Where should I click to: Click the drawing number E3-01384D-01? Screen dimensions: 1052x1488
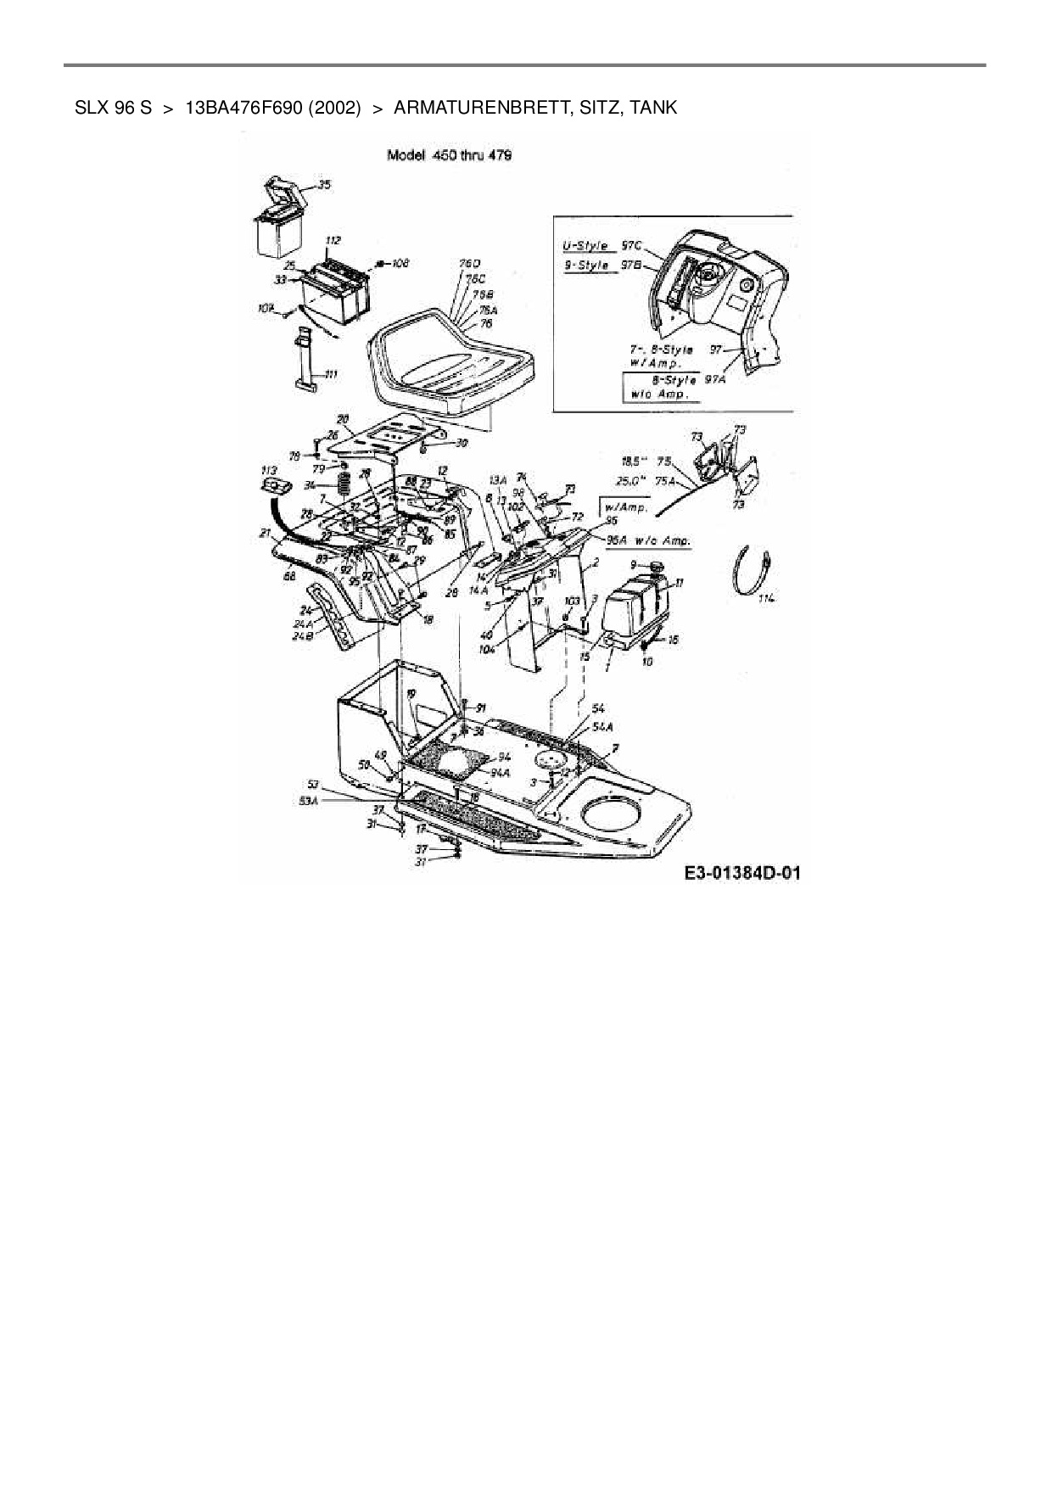point(742,874)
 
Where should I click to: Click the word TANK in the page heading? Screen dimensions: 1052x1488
point(654,108)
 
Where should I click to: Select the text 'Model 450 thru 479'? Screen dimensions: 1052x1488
point(449,155)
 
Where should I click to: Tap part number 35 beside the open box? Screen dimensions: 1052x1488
point(324,184)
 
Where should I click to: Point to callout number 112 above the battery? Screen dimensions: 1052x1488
point(333,240)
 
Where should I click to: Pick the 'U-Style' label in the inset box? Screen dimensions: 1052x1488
point(586,246)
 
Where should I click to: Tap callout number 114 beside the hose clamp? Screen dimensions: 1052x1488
point(767,599)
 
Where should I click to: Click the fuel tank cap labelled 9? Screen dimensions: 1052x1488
point(656,566)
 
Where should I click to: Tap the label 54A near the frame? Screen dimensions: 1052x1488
point(602,727)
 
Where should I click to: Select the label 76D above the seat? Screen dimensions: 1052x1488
point(470,264)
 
